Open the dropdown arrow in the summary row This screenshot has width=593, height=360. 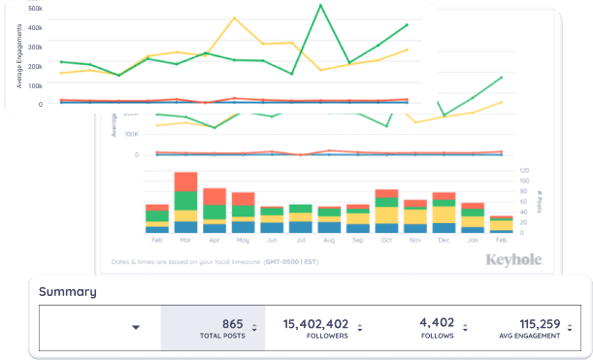(x=135, y=328)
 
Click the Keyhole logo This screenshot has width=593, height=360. (x=511, y=260)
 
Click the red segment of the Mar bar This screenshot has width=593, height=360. (x=185, y=181)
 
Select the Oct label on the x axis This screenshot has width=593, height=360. (x=386, y=239)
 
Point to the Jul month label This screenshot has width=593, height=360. (x=300, y=239)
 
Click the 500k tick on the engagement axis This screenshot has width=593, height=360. (x=35, y=8)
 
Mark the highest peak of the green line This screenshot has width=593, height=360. (x=320, y=5)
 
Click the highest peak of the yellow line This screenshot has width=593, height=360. (x=234, y=17)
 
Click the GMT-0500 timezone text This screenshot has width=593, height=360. (x=290, y=261)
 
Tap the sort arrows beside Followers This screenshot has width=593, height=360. (x=359, y=328)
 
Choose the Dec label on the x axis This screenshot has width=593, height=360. (x=444, y=239)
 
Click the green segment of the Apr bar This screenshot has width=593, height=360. (x=214, y=212)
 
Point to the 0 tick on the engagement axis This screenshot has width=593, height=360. (x=40, y=104)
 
